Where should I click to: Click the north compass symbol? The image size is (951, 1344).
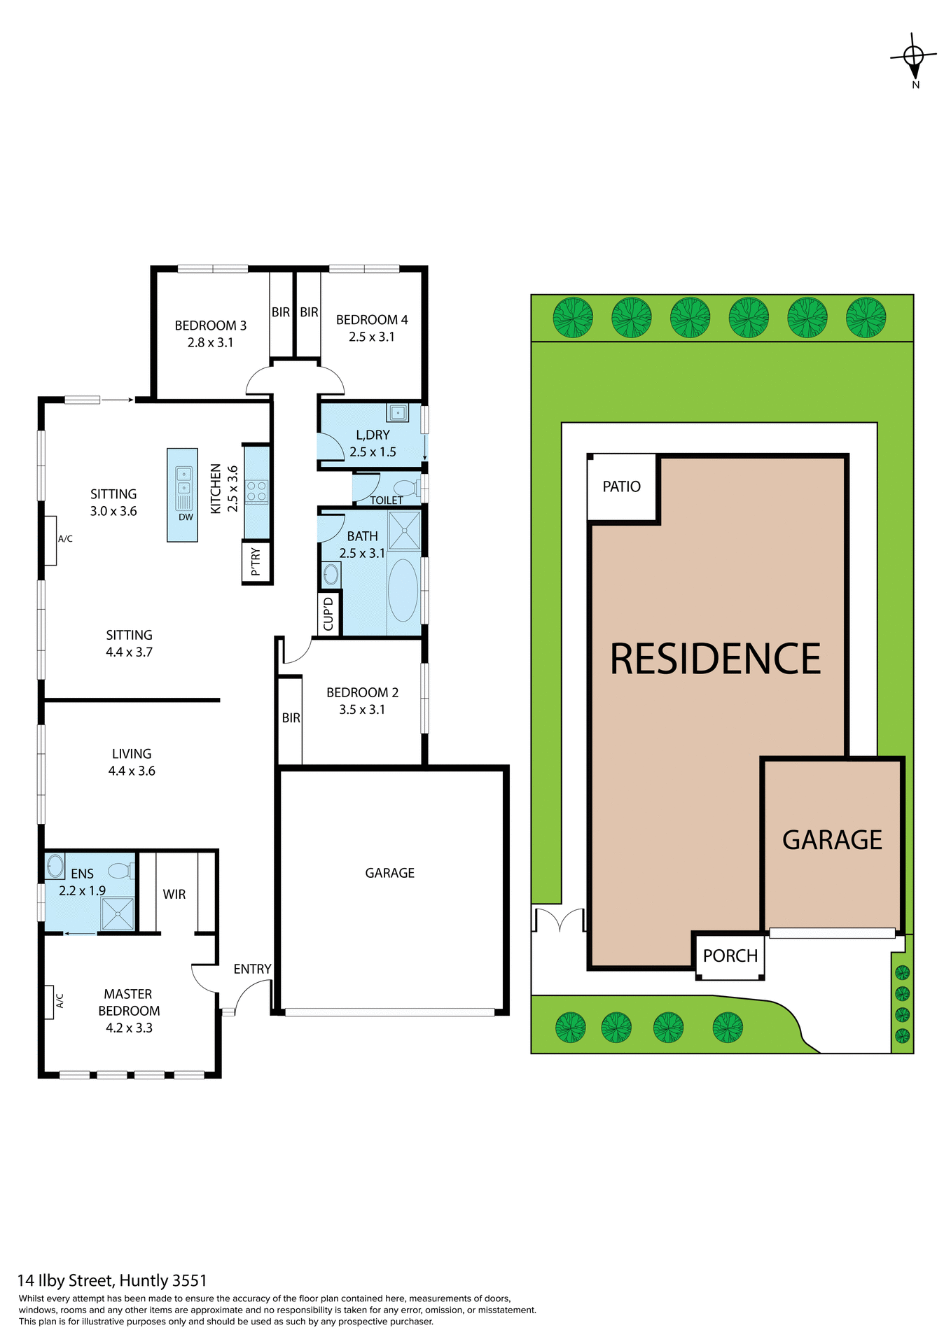[x=914, y=56]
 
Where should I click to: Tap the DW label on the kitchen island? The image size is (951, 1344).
[x=186, y=517]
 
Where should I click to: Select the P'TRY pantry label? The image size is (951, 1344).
[x=256, y=561]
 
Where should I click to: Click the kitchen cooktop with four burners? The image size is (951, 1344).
[x=256, y=491]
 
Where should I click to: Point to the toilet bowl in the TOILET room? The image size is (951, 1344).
[x=405, y=488]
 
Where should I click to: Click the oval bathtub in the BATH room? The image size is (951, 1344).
[x=403, y=590]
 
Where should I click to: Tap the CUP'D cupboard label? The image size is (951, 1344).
[x=328, y=614]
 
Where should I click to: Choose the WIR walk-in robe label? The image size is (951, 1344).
[x=174, y=894]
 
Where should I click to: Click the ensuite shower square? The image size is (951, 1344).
[x=117, y=913]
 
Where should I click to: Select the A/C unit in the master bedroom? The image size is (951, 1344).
[x=49, y=1001]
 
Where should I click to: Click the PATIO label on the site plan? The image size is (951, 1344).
[x=622, y=486]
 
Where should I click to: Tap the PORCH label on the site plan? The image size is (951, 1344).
[x=730, y=955]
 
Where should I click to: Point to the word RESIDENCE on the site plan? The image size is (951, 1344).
[x=715, y=659]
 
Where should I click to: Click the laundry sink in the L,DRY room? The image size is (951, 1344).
[x=398, y=412]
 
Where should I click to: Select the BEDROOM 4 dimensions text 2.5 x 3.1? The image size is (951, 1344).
[x=372, y=337]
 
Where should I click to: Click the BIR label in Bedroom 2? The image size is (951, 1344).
[x=291, y=718]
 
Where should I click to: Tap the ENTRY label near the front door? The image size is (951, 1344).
[x=252, y=969]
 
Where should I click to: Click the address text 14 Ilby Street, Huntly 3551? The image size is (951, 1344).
[x=112, y=1280]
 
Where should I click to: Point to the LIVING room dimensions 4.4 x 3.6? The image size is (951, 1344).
[x=132, y=771]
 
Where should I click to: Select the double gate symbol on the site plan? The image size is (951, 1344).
[x=560, y=920]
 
